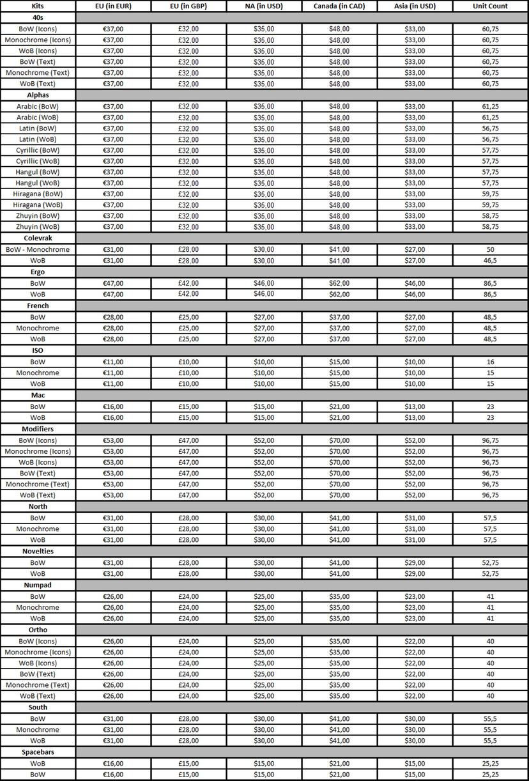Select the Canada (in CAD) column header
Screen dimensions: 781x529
tap(339, 6)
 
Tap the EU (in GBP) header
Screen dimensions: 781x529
tap(188, 6)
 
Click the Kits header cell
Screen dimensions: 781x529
tap(38, 6)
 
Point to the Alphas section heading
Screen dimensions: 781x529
tap(38, 95)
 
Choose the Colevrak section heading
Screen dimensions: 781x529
tap(38, 238)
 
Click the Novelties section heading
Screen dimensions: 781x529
tap(38, 551)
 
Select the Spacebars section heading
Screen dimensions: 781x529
tap(38, 752)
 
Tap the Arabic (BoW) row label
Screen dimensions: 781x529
tap(38, 106)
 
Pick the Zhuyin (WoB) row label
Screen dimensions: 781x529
tap(38, 227)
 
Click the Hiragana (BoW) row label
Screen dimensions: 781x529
tap(38, 194)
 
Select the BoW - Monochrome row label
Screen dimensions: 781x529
tap(38, 249)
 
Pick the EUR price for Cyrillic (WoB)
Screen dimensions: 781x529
tap(113, 161)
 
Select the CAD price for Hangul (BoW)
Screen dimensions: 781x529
tap(339, 172)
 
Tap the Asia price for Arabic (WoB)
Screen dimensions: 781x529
tap(415, 118)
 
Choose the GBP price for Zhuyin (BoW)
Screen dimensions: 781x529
tap(188, 216)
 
